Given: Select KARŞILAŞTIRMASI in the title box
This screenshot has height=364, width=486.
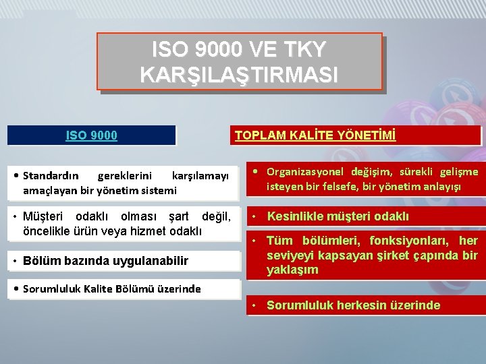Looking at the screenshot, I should coord(239,74).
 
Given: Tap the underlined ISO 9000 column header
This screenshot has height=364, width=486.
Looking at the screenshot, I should coord(91,135).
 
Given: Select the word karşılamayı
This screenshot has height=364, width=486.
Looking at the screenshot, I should coord(200,176).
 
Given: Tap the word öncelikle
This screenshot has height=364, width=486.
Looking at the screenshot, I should coord(48,231).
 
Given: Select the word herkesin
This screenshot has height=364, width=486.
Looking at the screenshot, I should coord(357,305).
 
